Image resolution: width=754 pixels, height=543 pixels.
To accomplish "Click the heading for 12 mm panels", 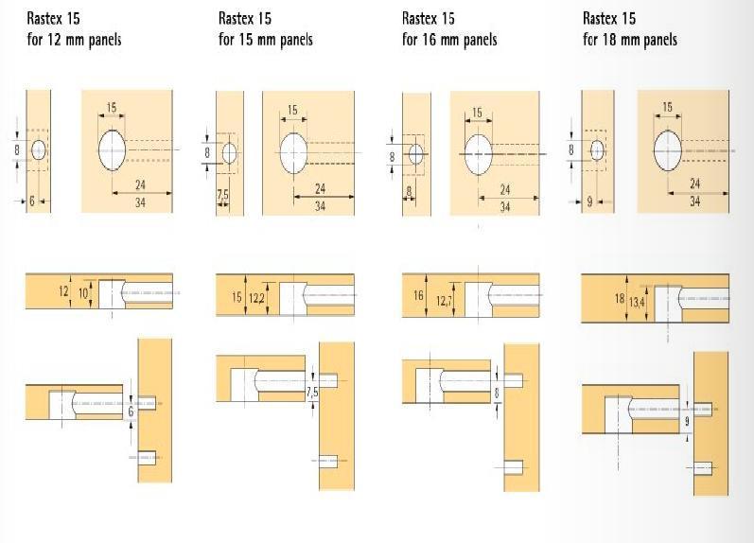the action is pyautogui.click(x=74, y=29).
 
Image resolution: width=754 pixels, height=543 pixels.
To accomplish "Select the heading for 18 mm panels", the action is pyautogui.click(x=630, y=29).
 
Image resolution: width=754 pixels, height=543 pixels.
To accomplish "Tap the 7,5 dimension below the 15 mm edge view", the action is pyautogui.click(x=222, y=195).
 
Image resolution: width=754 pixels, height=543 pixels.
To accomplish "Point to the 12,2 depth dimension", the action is pyautogui.click(x=256, y=298).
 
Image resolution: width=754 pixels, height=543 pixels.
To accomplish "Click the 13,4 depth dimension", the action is pyautogui.click(x=637, y=303).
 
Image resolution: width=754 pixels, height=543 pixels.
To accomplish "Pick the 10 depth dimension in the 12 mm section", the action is pyautogui.click(x=83, y=292).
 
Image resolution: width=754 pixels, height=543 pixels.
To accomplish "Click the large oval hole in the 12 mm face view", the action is pyautogui.click(x=112, y=150).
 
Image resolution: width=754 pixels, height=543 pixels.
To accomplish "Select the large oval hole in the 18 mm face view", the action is pyautogui.click(x=668, y=150).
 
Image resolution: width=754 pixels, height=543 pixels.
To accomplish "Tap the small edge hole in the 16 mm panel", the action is pyautogui.click(x=416, y=154).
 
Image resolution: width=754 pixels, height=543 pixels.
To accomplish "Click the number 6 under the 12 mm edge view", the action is pyautogui.click(x=32, y=201).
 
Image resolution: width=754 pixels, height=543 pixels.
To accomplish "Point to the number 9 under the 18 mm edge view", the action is pyautogui.click(x=589, y=202).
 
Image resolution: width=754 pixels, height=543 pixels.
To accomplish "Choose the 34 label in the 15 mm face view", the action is pyautogui.click(x=321, y=206).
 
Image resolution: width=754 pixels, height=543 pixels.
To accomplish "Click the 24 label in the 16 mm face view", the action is pyautogui.click(x=505, y=190).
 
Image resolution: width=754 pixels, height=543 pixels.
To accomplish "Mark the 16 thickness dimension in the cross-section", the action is pyautogui.click(x=418, y=295).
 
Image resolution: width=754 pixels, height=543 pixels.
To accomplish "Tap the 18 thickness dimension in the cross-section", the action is pyautogui.click(x=620, y=299).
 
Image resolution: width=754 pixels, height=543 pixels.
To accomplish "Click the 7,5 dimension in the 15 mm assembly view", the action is pyautogui.click(x=312, y=393).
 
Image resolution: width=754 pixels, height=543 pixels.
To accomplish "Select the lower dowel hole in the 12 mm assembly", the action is pyautogui.click(x=148, y=458).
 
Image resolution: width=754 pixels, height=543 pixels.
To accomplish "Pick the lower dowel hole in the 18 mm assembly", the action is pyautogui.click(x=703, y=468).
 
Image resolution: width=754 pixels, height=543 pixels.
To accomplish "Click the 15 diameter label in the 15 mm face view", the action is pyautogui.click(x=292, y=110).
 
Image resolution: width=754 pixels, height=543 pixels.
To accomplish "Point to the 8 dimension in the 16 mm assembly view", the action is pyautogui.click(x=497, y=393).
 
